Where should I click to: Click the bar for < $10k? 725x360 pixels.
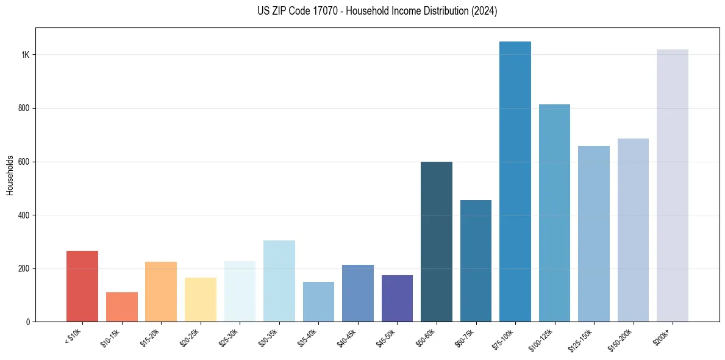(82, 286)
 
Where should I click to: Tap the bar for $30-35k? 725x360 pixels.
(279, 281)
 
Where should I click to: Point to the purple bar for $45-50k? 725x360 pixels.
(397, 298)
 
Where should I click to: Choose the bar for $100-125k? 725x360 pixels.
(554, 213)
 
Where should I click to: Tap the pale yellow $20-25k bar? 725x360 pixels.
(201, 300)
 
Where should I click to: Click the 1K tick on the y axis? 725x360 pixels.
(26, 55)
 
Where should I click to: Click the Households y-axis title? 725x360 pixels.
(10, 175)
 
